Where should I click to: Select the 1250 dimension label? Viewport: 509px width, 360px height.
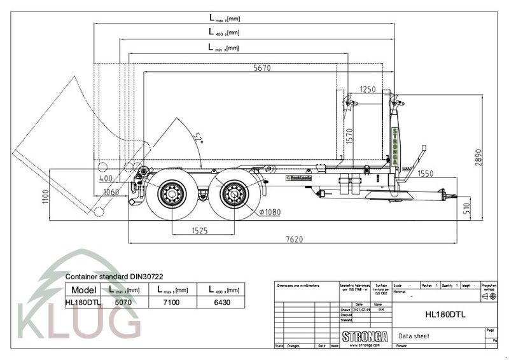[368, 90]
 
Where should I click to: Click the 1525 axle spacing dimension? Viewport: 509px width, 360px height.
[199, 231]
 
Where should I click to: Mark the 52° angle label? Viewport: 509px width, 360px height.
[198, 139]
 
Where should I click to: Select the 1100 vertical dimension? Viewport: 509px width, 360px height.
[45, 197]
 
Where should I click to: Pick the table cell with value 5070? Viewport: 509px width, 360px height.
[123, 303]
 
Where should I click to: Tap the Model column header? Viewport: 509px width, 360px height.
[83, 290]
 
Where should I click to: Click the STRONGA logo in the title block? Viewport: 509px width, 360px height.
[365, 335]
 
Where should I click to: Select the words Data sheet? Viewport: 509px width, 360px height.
[414, 336]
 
